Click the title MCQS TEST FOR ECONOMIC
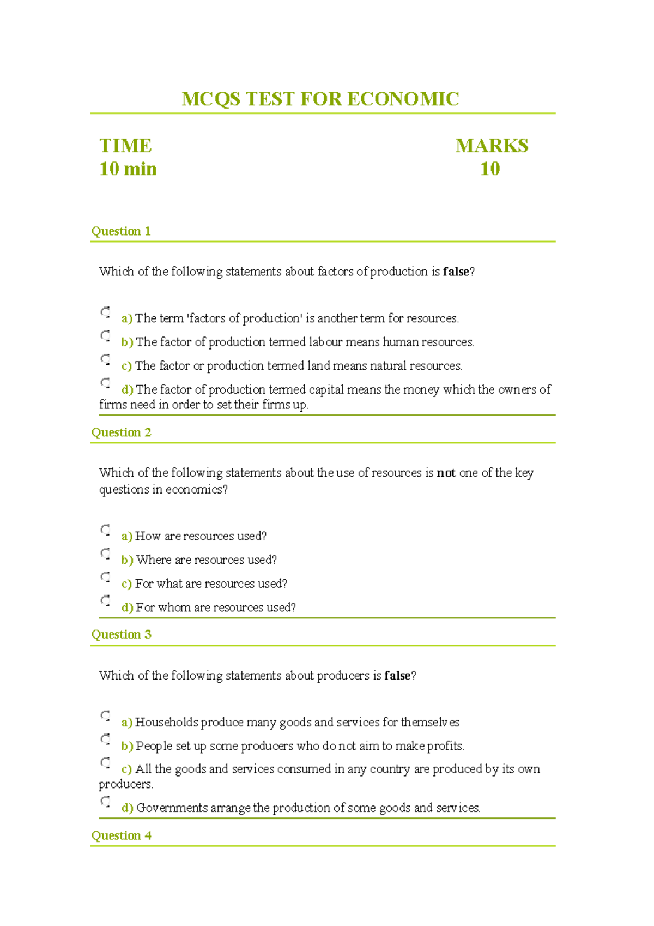point(320,99)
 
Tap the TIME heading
point(125,146)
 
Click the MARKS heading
point(492,146)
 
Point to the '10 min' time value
point(128,169)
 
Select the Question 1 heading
point(120,231)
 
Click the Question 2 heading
point(121,432)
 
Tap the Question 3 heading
point(121,634)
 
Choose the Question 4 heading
point(121,835)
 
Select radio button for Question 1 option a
point(105,312)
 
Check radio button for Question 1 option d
point(105,383)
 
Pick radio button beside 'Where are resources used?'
point(105,554)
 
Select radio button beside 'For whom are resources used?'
point(105,600)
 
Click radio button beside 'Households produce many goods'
point(105,715)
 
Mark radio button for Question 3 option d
point(105,801)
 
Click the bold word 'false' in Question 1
point(456,272)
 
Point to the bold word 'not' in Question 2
point(446,473)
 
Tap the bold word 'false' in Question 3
point(397,676)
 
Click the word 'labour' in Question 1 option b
point(326,342)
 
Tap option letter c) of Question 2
point(126,584)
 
